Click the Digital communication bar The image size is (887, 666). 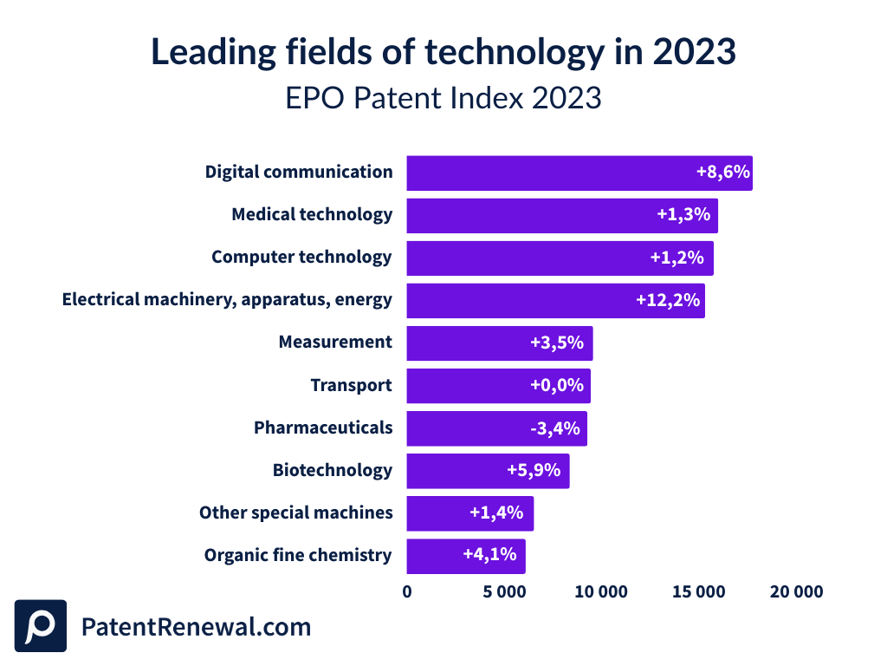(579, 173)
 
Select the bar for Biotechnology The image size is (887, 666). (488, 471)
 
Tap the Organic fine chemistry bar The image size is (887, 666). (465, 556)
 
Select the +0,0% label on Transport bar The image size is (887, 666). (557, 385)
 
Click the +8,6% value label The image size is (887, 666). (722, 172)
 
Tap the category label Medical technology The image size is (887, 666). (312, 214)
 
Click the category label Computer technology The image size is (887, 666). (301, 258)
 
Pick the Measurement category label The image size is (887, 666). (335, 343)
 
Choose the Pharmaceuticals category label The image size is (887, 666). (323, 428)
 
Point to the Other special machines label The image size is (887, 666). (295, 513)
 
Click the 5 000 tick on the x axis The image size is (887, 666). (504, 592)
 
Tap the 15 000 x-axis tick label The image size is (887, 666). (698, 592)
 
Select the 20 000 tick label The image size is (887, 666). (795, 592)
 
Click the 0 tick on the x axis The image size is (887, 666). (407, 592)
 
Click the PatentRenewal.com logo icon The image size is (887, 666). (40, 626)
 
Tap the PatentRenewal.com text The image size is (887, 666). (196, 627)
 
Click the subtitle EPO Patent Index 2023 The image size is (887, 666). (443, 98)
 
